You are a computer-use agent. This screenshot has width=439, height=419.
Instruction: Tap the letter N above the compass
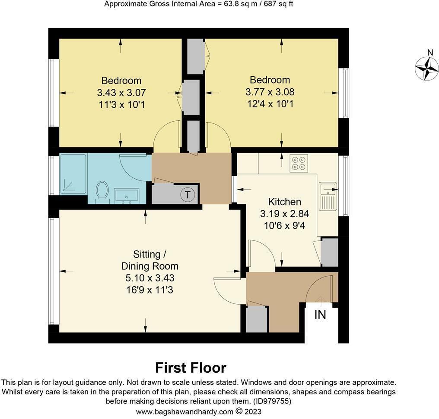430,53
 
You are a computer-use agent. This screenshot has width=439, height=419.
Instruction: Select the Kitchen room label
284,202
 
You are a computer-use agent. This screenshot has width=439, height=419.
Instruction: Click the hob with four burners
298,162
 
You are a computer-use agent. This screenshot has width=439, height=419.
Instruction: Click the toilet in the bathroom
102,191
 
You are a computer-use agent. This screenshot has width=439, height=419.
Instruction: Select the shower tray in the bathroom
73,173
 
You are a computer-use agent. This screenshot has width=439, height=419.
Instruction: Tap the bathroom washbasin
126,196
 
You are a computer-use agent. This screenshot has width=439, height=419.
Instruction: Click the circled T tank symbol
188,195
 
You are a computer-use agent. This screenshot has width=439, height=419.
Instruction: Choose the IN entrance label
320,315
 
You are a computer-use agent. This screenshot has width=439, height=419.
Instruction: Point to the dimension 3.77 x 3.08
270,92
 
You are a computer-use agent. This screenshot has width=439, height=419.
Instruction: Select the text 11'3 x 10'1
121,104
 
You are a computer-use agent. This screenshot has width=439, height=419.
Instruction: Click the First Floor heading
191,368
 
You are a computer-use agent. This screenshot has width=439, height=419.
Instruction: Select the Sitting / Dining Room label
149,260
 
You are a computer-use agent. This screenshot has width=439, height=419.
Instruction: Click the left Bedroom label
121,81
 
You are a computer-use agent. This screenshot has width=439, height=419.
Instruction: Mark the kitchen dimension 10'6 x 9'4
284,225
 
